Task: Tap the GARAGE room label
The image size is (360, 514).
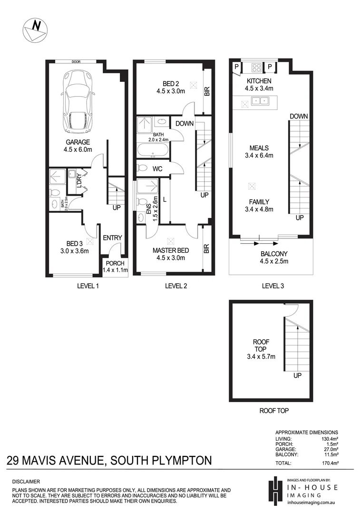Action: click(x=78, y=142)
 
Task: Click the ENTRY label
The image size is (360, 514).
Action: click(x=113, y=238)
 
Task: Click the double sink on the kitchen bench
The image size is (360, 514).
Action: click(x=260, y=101)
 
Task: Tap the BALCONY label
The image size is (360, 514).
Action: click(x=274, y=254)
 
